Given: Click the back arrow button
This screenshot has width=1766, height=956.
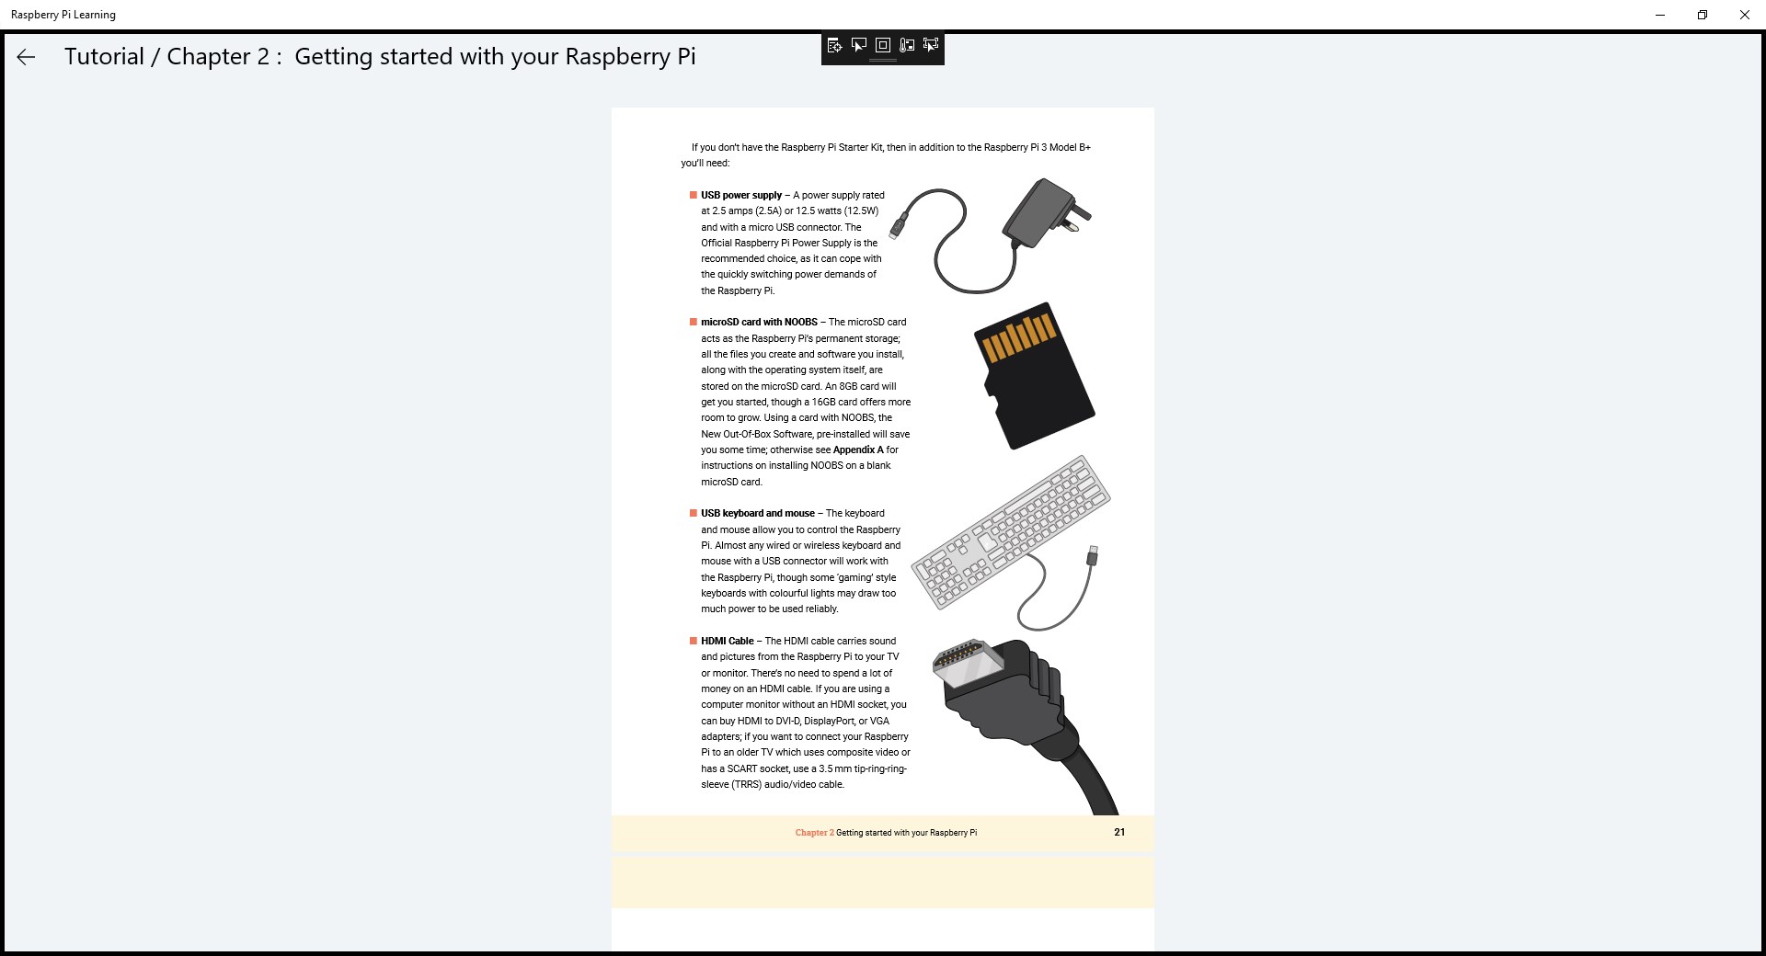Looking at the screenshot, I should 26,57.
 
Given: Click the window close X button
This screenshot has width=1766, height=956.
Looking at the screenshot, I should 1744,15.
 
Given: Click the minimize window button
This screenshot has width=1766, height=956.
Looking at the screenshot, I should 1660,15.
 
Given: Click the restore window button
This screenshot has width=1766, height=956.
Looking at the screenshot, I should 1703,15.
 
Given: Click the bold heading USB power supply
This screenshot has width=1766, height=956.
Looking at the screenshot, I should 740,195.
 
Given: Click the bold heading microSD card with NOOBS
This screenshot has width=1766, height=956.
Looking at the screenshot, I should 759,323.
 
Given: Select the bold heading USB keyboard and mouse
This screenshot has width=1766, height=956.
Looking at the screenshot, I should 757,514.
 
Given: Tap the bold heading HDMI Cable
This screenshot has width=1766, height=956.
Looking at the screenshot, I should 727,642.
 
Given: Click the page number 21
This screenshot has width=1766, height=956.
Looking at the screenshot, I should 1119,832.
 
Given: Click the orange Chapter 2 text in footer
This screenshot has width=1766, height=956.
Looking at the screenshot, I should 814,833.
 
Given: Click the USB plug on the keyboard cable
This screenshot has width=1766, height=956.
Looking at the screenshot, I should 1092,556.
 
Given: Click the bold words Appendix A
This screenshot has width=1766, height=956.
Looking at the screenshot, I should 857,450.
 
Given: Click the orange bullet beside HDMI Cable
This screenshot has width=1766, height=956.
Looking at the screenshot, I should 694,642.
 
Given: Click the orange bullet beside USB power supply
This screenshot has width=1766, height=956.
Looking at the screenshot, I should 694,195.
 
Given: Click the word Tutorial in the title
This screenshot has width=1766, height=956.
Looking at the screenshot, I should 104,57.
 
